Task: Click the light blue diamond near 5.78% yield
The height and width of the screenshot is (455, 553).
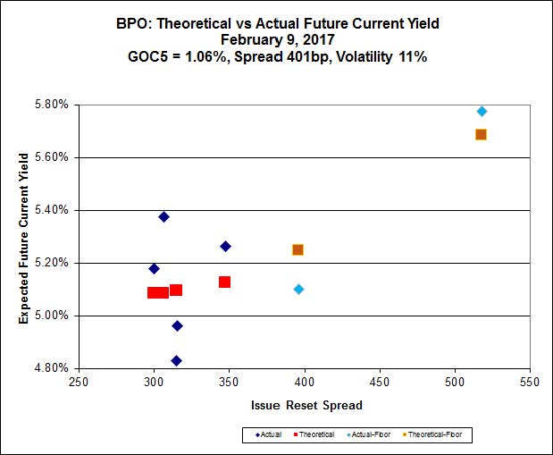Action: click(482, 111)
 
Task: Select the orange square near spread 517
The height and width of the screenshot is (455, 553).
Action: click(481, 134)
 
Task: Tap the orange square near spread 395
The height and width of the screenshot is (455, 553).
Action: click(297, 249)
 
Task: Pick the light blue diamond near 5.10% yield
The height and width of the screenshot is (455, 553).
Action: click(298, 289)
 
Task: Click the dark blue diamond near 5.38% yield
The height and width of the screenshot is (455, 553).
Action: click(163, 216)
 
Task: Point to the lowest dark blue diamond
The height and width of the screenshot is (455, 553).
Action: click(176, 360)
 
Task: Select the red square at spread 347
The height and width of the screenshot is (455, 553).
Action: click(224, 282)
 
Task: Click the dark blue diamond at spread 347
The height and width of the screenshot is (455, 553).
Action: click(225, 246)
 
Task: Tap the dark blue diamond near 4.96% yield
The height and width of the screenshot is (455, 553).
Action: click(177, 325)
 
